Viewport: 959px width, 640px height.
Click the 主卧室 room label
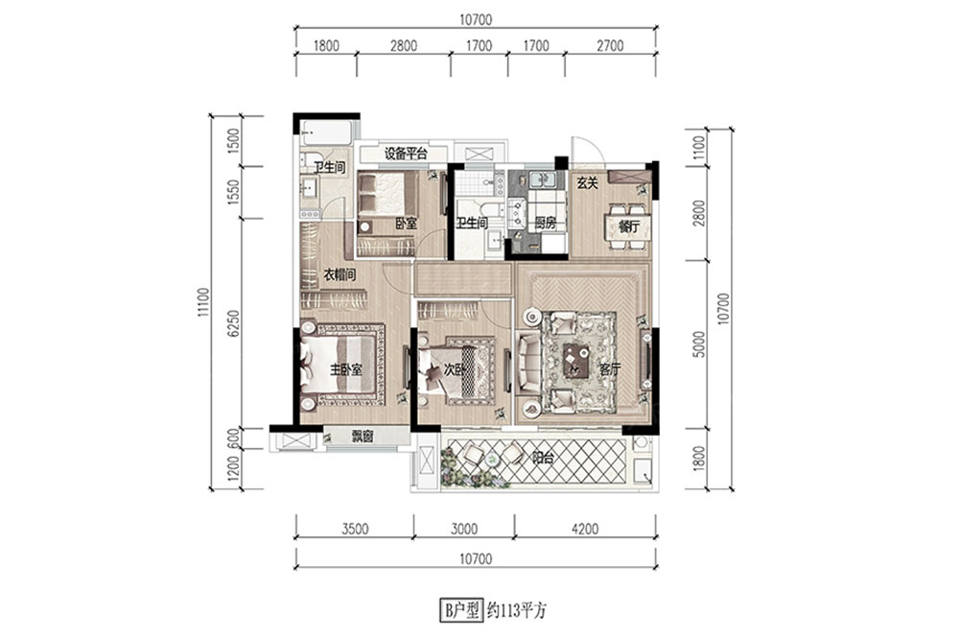click(346, 369)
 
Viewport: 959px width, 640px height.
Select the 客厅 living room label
click(610, 369)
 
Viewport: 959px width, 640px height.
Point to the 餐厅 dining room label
click(629, 226)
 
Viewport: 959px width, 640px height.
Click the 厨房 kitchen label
click(546, 224)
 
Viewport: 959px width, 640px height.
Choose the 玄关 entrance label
click(587, 183)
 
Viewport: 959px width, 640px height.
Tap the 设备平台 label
click(406, 154)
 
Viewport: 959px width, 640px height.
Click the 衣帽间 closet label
click(339, 275)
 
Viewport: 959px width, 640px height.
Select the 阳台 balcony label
click(543, 458)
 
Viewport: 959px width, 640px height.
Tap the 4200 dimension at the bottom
click(585, 529)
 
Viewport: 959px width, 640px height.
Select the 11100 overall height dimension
click(203, 302)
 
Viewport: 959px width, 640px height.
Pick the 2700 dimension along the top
click(610, 46)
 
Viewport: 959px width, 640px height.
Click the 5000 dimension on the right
click(700, 344)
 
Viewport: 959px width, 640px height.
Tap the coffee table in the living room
click(576, 361)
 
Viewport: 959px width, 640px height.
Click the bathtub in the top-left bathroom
click(326, 131)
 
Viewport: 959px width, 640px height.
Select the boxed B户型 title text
click(461, 610)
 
